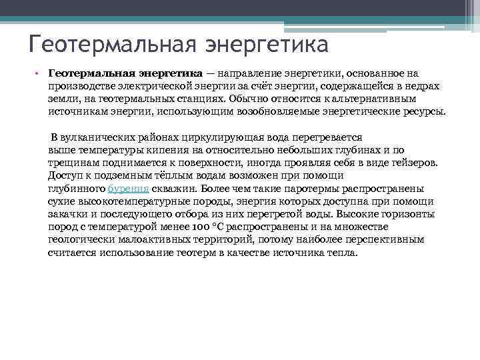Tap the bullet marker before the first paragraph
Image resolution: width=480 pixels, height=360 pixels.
coord(39,73)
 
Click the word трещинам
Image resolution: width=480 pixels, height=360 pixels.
coord(71,163)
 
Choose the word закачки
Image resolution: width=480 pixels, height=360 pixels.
coord(68,215)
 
